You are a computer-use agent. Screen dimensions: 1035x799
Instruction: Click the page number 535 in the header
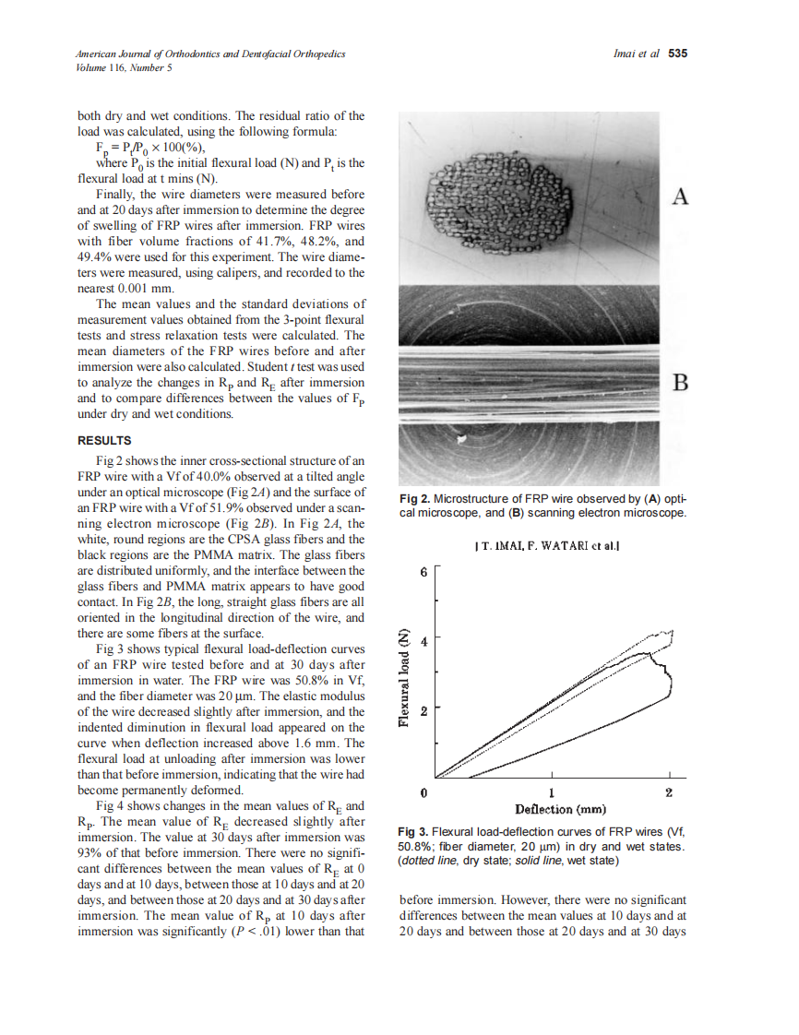(x=678, y=54)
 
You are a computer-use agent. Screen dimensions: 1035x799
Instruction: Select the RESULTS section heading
(x=104, y=440)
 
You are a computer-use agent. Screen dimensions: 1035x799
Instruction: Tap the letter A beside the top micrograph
(x=680, y=196)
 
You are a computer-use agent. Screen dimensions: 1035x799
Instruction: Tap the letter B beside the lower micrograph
(x=680, y=383)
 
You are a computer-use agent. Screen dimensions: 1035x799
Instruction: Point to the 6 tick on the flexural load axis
(x=423, y=572)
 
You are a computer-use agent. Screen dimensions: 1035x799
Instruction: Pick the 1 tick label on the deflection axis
(x=550, y=793)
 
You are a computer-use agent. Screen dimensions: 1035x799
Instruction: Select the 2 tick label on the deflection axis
(x=669, y=793)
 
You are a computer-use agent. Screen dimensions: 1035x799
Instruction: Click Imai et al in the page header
(x=636, y=54)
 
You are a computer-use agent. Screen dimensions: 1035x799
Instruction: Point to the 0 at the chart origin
(x=423, y=793)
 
